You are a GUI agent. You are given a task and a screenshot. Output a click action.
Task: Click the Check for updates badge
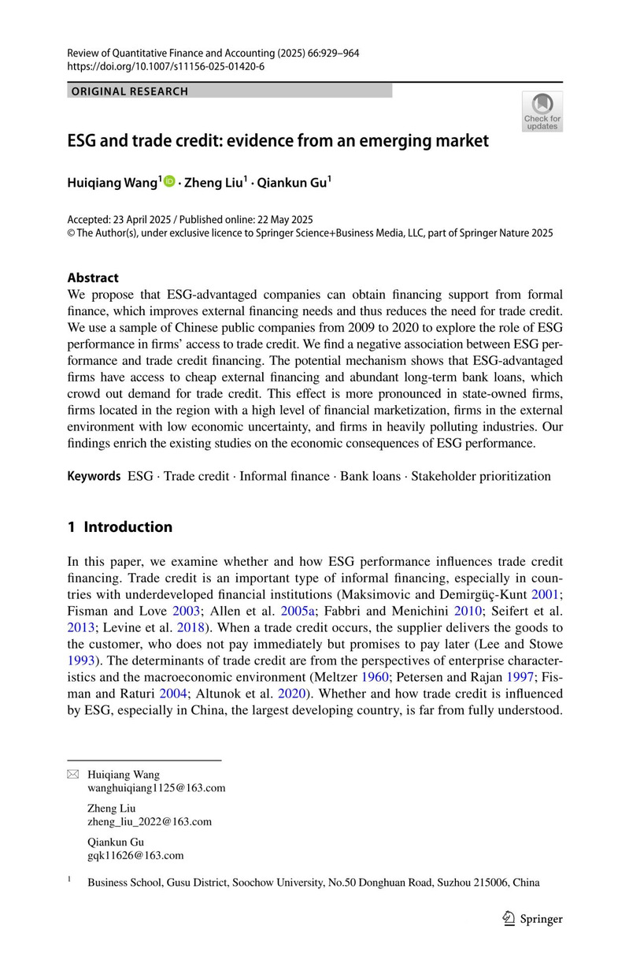542,111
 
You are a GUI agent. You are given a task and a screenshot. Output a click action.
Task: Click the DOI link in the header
166,66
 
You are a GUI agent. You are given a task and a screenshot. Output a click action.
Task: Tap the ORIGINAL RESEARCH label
130,91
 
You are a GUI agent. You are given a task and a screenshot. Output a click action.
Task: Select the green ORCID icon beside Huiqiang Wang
169,182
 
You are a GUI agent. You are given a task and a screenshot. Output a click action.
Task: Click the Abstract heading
93,277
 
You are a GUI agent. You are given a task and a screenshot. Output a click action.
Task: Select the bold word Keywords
94,476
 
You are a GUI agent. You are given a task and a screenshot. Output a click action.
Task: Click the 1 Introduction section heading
120,526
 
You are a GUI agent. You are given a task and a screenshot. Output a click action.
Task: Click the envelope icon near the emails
73,775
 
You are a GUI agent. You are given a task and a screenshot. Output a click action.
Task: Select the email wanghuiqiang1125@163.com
157,787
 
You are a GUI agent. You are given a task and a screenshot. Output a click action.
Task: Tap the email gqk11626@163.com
135,854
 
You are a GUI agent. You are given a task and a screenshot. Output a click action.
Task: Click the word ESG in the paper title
83,141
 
